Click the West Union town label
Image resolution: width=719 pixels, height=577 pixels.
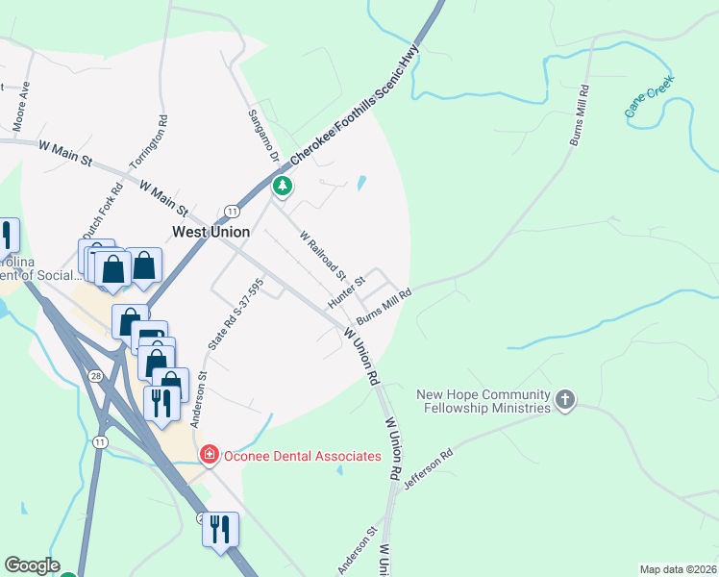click(x=211, y=232)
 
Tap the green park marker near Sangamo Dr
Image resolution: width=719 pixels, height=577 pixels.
click(x=282, y=186)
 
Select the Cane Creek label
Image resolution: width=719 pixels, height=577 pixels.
click(x=650, y=96)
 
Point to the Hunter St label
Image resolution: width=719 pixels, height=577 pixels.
click(x=347, y=291)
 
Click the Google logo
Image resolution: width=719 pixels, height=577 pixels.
click(x=32, y=565)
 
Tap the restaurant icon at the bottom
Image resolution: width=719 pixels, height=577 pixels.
click(x=220, y=529)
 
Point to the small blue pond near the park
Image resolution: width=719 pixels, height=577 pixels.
click(x=361, y=183)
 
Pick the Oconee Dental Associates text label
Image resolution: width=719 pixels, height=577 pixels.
click(x=302, y=455)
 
